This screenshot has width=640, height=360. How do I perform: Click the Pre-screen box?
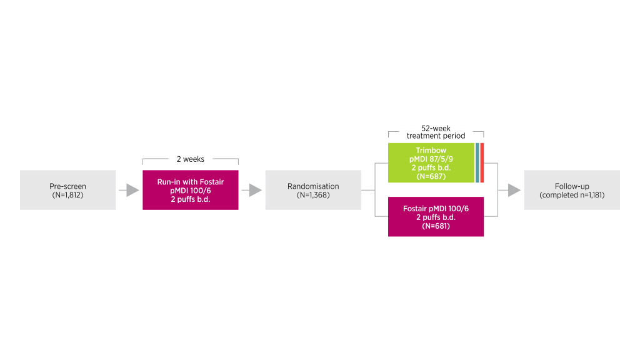(x=67, y=190)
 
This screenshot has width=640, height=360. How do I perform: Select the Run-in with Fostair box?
(x=191, y=190)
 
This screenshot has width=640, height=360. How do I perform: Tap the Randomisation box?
(x=313, y=190)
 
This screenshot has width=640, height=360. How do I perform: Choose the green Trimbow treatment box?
(x=431, y=162)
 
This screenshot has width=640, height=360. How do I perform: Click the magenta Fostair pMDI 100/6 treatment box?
(x=436, y=217)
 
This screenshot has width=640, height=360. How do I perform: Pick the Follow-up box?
(x=572, y=190)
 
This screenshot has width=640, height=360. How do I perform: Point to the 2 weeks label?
(x=191, y=159)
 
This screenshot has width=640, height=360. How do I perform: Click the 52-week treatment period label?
(x=436, y=131)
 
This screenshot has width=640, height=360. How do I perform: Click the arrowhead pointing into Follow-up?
(x=514, y=190)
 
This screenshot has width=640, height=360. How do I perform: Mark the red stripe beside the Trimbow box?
(x=482, y=162)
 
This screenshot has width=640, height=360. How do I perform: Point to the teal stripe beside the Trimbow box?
(x=477, y=162)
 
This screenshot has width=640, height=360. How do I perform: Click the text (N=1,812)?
(x=67, y=195)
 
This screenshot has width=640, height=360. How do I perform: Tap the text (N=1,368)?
(x=313, y=195)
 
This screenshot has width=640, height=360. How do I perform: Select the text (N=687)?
(x=431, y=177)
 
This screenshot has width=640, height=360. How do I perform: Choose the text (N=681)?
(x=436, y=226)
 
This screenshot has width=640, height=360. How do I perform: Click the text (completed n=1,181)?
(x=572, y=195)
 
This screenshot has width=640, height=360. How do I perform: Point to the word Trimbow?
(x=431, y=150)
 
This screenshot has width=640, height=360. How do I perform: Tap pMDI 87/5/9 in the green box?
(x=431, y=159)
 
